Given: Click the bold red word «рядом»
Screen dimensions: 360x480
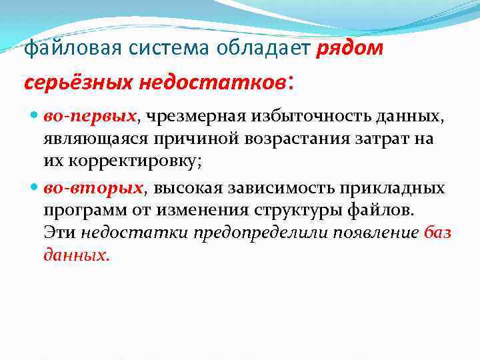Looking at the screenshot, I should (350, 49).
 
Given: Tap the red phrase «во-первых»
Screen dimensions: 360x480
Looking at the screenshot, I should (90, 117).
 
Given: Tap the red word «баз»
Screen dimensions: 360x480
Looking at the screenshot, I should (437, 234).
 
